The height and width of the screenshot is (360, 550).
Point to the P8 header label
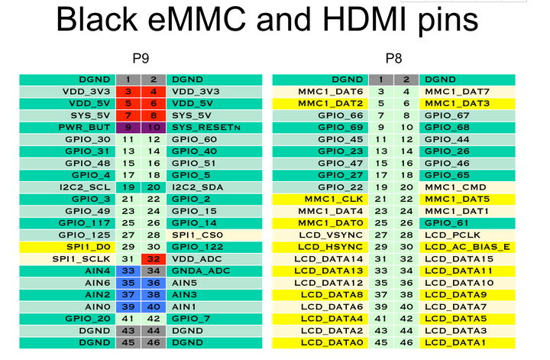393,58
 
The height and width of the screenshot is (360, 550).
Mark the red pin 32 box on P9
154,259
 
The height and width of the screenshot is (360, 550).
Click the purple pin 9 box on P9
128,127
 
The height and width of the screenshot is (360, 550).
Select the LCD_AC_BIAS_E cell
467,247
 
